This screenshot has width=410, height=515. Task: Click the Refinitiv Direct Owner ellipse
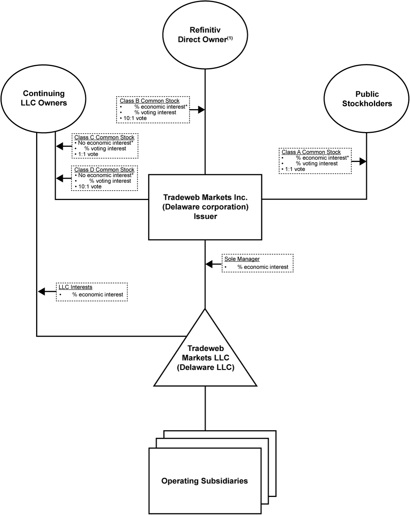tap(205, 34)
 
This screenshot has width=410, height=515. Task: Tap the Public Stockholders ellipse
tap(367, 99)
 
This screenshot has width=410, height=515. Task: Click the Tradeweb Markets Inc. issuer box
tap(205, 207)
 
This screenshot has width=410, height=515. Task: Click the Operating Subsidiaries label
tap(204, 481)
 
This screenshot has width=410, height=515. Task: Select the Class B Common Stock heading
tap(149, 101)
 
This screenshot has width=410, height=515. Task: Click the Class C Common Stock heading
tap(104, 137)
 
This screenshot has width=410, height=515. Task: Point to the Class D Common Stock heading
tap(104, 170)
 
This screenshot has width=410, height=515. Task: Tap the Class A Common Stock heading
tap(311, 152)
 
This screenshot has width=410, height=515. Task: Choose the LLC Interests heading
tap(75, 287)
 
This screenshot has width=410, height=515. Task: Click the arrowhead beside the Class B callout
tap(201, 109)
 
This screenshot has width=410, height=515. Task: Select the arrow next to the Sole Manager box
tap(209, 265)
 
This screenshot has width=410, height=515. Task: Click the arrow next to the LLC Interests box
tap(41, 292)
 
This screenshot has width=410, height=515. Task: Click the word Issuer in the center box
tap(205, 216)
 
